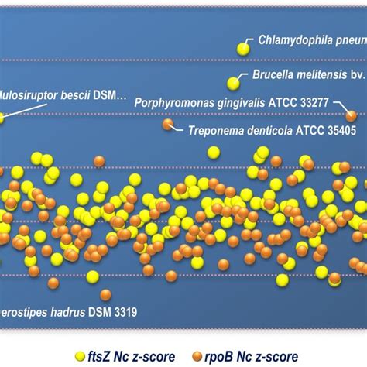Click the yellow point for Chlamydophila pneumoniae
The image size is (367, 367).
(243, 49)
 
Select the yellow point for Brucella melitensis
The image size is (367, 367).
(233, 83)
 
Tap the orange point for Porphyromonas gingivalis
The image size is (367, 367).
(352, 115)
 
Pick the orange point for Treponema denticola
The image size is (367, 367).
(168, 124)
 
